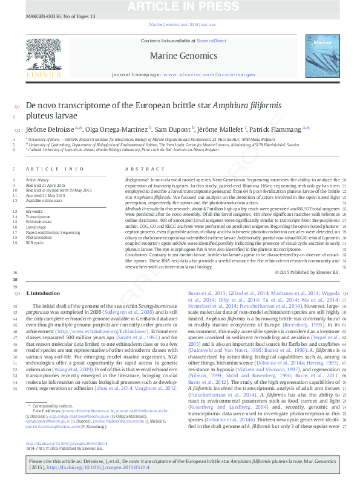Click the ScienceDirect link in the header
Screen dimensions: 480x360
point(211,41)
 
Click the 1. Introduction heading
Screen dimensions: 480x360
point(43,293)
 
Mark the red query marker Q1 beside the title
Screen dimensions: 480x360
point(17,107)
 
